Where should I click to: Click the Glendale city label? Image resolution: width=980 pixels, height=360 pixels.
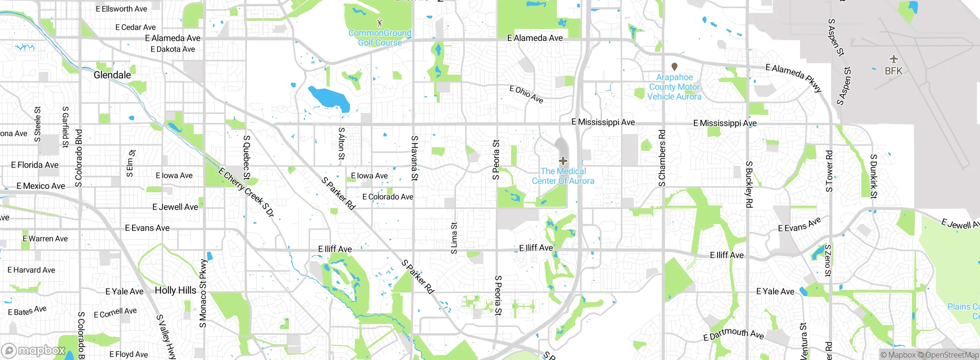point(112,75)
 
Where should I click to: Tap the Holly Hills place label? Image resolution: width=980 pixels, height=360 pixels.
point(175,290)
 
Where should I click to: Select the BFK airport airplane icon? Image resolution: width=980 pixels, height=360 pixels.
point(893,59)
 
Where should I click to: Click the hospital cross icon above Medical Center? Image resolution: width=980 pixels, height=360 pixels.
point(563,161)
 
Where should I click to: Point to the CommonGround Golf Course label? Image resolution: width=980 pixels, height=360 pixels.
point(380,38)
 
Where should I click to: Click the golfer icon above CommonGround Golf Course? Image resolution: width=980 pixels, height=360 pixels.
point(379,23)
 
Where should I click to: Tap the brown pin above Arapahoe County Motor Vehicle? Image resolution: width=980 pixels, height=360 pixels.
point(675,67)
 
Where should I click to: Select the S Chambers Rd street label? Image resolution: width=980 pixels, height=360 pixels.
point(662,158)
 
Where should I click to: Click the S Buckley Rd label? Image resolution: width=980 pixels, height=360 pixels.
point(749,184)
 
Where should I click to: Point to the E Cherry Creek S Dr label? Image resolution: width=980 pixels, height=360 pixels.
point(247,192)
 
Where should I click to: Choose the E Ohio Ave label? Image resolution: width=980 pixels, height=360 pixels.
point(526,94)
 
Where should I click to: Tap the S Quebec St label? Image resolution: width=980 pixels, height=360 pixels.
point(247,157)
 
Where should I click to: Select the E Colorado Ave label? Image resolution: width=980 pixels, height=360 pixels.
point(388,197)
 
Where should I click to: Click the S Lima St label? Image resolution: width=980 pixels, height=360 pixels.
point(454,238)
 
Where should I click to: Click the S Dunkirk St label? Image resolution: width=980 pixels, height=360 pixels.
point(874,176)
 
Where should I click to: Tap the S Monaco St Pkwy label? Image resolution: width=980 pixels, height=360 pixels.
point(203,293)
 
